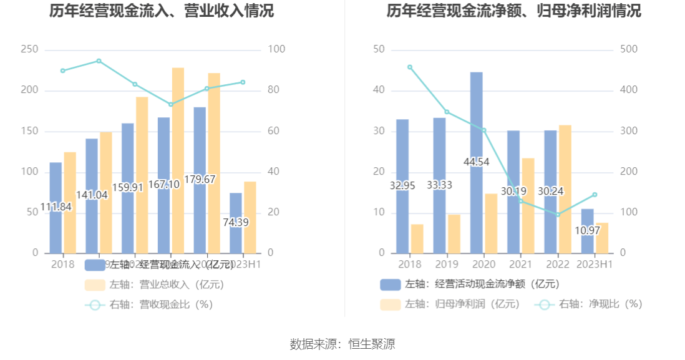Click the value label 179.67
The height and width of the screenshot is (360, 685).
point(200,180)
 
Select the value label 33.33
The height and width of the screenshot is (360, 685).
point(439,185)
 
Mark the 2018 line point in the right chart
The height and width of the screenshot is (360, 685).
point(410,67)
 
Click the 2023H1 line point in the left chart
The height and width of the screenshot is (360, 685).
point(243,82)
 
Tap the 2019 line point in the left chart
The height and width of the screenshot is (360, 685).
point(99,61)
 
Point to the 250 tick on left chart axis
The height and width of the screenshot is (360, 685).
point(29,49)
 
